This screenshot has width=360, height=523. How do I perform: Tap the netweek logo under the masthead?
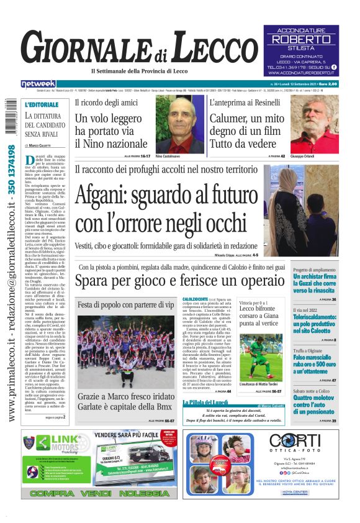[x=38, y=83]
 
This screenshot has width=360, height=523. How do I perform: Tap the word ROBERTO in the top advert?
[x=302, y=39]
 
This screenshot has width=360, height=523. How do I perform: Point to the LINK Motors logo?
[x=52, y=443]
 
